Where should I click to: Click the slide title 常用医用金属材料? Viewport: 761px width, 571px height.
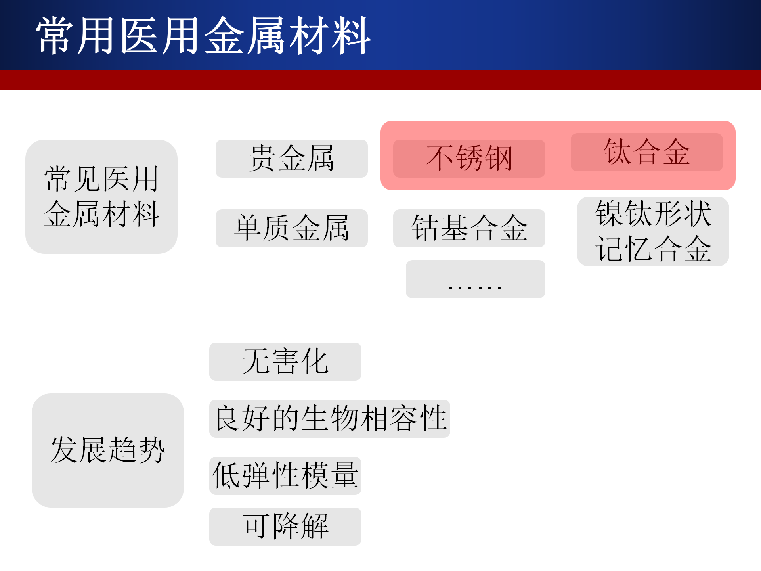(203, 36)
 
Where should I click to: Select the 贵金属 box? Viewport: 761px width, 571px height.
(292, 159)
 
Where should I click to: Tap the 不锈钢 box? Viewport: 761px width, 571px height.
(469, 159)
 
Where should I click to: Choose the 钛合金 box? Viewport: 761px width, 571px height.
(647, 152)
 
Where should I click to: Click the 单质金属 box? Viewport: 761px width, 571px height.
(292, 228)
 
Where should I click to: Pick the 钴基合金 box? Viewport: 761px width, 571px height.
(469, 228)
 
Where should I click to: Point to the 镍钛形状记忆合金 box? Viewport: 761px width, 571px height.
(653, 232)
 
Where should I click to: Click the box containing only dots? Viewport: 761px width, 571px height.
(476, 279)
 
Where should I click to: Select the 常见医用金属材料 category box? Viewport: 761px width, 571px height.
(101, 197)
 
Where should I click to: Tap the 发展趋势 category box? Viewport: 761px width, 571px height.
(108, 450)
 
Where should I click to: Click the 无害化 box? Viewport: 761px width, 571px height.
(285, 362)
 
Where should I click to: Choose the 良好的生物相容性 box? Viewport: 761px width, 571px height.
(330, 419)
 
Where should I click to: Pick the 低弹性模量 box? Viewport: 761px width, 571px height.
(285, 476)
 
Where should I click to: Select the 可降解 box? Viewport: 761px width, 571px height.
(285, 527)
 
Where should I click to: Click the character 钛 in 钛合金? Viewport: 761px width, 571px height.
(618, 151)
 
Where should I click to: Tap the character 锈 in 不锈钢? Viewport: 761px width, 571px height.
(470, 158)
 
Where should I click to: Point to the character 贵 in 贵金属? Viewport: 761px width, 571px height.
(263, 158)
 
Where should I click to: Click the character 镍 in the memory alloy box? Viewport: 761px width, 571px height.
(610, 214)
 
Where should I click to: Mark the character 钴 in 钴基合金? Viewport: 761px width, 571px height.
(426, 228)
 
